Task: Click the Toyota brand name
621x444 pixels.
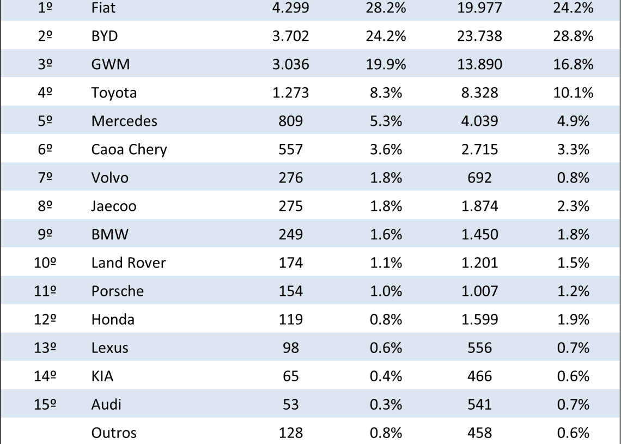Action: pyautogui.click(x=114, y=93)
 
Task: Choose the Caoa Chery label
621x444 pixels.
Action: pyautogui.click(x=129, y=150)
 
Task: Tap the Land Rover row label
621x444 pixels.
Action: pyautogui.click(x=129, y=263)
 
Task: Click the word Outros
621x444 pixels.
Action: pyautogui.click(x=114, y=433)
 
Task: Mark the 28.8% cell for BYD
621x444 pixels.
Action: pyautogui.click(x=573, y=37)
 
